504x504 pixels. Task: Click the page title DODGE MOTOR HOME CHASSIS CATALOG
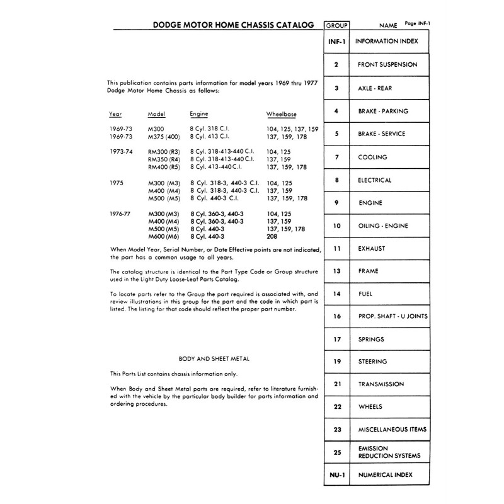pos(233,25)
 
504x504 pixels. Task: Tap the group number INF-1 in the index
pos(336,42)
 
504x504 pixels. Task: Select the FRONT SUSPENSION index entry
pos(387,65)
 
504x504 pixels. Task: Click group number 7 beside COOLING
pos(336,157)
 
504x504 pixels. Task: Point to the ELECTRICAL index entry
pos(375,180)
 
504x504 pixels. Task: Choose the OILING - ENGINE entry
pos(383,226)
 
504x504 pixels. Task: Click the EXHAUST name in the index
pos(372,249)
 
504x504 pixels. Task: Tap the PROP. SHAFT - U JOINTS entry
pos(389,316)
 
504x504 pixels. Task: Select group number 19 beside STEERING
pos(336,362)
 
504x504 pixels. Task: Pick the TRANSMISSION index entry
pos(381,384)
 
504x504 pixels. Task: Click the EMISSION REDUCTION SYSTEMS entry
pos(389,451)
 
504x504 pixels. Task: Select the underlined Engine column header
pos(199,114)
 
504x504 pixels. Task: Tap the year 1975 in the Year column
pos(116,183)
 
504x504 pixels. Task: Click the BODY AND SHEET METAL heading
pos(214,359)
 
